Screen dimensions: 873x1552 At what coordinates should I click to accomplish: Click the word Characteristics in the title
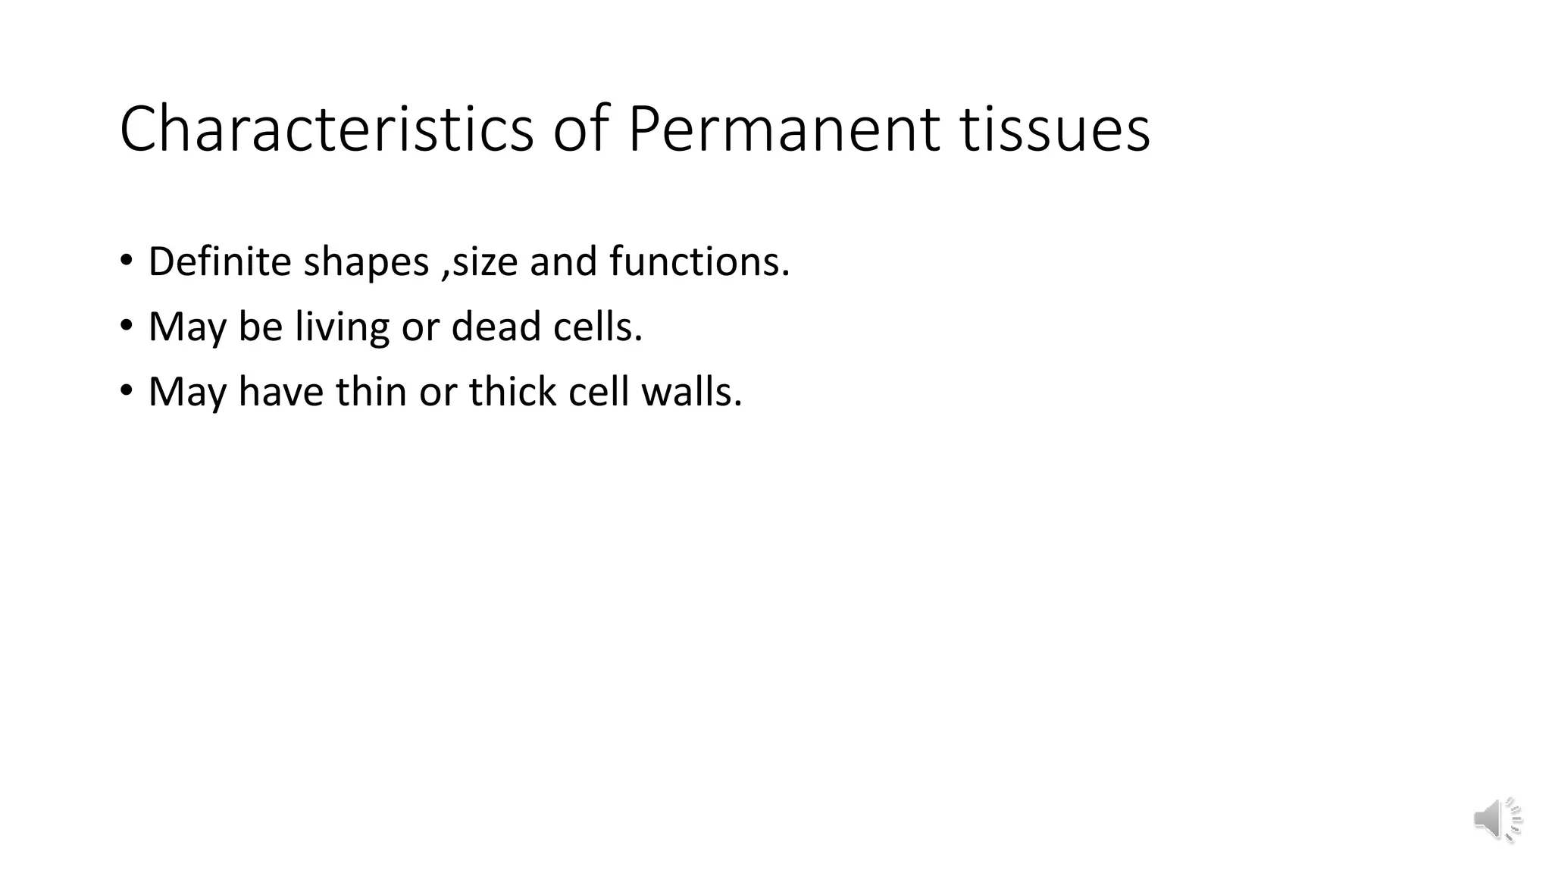(327, 129)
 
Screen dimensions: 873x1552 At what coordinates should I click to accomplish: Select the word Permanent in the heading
(784, 129)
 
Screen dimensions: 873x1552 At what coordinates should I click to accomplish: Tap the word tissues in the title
(1055, 129)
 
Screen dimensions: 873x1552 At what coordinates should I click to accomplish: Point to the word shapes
(366, 263)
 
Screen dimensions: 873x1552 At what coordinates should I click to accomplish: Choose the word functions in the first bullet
(699, 261)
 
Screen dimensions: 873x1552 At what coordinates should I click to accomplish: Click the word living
(342, 327)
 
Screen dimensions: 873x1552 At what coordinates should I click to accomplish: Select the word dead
(496, 327)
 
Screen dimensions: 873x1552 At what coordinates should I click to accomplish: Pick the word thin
(371, 392)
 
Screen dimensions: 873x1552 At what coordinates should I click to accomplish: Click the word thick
(512, 392)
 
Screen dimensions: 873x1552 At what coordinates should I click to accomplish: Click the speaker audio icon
(1497, 819)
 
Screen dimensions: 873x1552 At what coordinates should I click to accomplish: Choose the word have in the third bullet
(280, 392)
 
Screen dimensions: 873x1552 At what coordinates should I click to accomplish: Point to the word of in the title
(580, 129)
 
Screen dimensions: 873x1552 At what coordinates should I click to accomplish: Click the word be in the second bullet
(260, 327)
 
